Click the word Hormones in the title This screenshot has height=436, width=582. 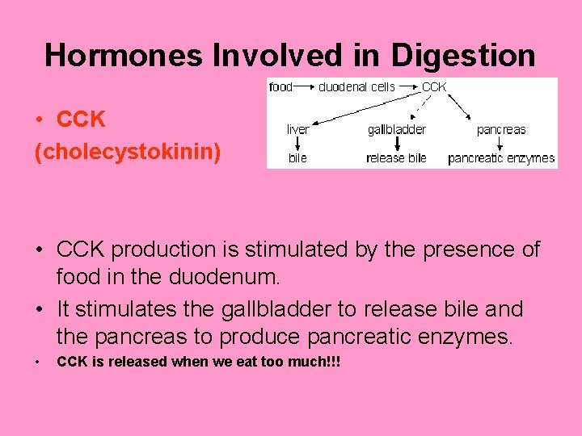[124, 56]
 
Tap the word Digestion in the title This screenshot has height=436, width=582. [463, 56]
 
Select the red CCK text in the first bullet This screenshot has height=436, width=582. [81, 119]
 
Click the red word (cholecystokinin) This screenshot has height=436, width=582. [128, 152]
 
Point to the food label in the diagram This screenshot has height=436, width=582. [280, 86]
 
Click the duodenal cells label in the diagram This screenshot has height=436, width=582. [356, 86]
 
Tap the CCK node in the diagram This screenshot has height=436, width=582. [434, 86]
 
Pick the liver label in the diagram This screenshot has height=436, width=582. [297, 129]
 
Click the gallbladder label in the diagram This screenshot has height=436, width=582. [396, 129]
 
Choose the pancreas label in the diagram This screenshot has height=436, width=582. [500, 129]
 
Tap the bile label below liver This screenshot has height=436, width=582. [297, 158]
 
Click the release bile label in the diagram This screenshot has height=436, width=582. [396, 158]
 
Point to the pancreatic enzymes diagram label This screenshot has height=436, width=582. [501, 158]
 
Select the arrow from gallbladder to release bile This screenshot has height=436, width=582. [396, 144]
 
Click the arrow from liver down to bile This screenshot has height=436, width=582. [297, 144]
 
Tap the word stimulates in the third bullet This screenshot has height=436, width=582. [129, 309]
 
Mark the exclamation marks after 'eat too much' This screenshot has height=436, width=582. [334, 363]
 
